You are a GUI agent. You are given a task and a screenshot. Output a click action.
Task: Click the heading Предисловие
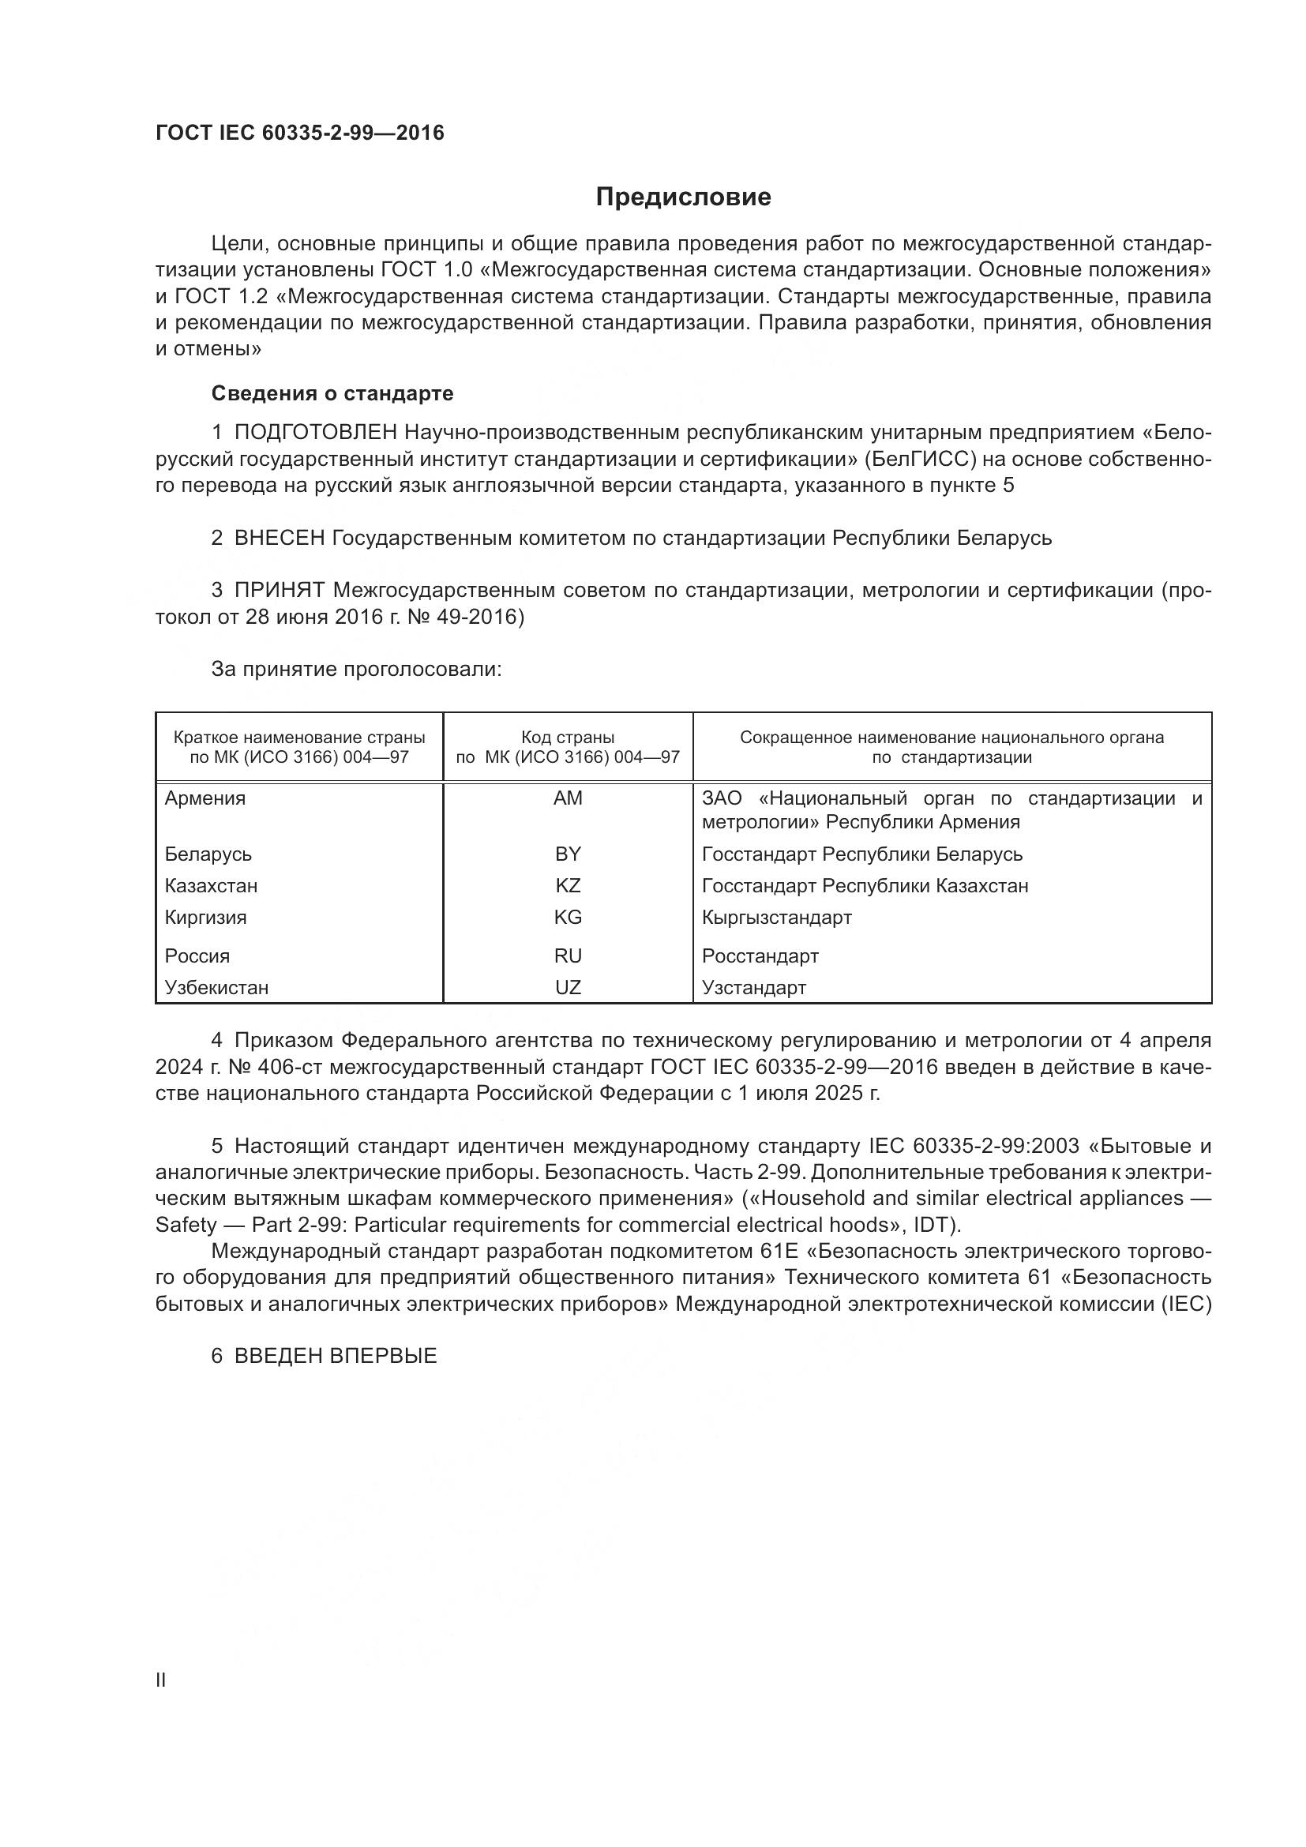coord(683,197)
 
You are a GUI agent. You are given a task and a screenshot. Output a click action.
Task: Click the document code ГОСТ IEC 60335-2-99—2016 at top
coord(299,133)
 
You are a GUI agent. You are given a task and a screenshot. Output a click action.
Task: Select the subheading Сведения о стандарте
coord(332,393)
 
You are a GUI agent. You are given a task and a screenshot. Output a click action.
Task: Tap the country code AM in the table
coord(568,798)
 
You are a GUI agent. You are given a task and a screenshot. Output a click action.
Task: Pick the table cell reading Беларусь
coord(208,854)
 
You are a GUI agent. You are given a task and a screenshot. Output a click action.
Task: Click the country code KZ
coord(568,886)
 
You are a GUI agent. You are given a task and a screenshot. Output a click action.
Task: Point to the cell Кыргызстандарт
coord(776,917)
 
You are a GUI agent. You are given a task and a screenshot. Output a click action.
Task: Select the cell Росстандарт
coord(760,955)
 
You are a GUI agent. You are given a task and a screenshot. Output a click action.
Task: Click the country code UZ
coord(568,987)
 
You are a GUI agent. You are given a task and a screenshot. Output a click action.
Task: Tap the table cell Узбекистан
coord(216,987)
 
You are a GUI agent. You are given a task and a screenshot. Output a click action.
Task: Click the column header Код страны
coord(568,737)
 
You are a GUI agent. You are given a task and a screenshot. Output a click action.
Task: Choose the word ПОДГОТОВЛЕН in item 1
coord(315,433)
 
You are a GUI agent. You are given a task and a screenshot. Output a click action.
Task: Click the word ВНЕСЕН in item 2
coord(278,539)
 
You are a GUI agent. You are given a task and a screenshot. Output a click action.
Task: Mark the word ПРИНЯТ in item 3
coord(279,591)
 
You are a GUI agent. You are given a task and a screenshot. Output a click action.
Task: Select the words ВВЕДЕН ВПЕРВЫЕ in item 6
coord(336,1356)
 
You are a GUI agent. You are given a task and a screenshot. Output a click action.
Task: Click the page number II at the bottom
coord(161,1680)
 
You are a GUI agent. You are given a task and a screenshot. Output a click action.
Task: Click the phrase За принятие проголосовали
coord(356,670)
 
